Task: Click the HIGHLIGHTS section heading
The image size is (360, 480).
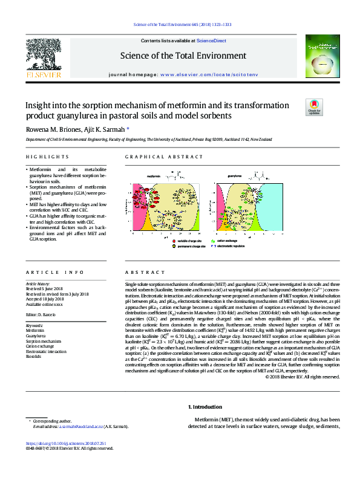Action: [41, 157]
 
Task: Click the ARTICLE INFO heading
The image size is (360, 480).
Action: [47, 273]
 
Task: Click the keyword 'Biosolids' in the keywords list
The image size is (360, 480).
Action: [34, 357]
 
